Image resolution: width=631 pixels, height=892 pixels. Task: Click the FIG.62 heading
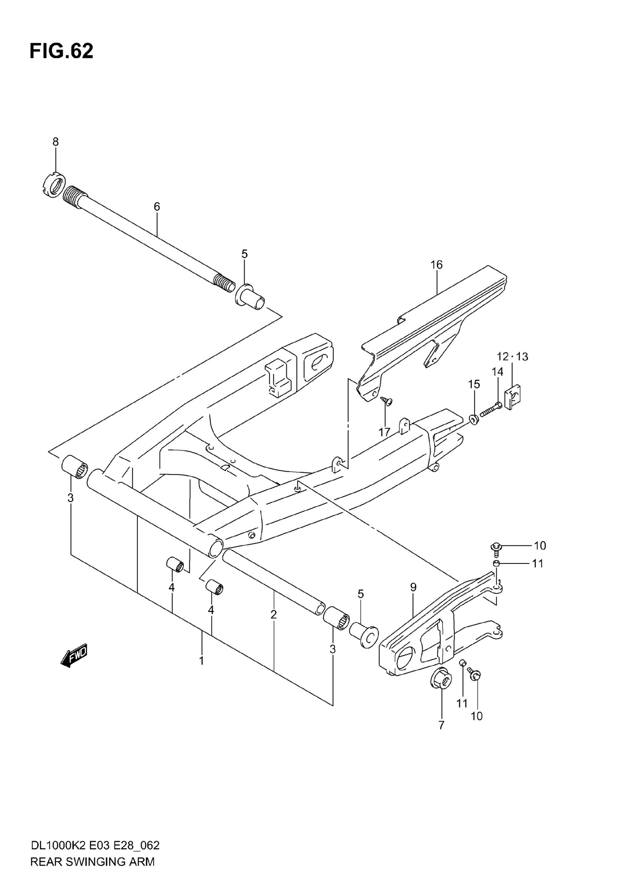61,52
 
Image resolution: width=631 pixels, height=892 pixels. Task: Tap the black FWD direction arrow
74,657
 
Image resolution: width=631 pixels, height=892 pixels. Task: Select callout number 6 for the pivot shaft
157,207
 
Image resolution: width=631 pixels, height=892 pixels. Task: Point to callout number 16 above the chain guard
437,265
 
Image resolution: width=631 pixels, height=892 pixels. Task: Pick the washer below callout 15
474,419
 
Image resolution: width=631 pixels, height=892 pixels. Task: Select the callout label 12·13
513,357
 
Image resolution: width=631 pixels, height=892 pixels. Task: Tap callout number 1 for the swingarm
202,660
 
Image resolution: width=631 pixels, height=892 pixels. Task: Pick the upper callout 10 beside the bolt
540,546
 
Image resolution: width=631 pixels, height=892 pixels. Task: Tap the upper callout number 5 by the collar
244,254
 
